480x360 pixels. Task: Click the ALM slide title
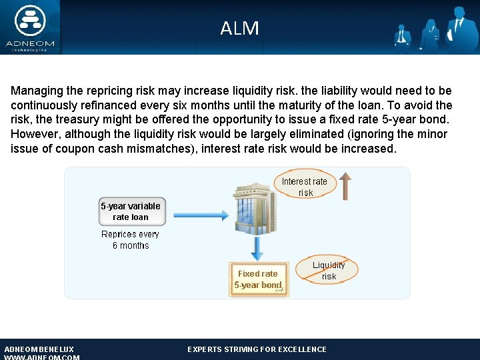coord(239,29)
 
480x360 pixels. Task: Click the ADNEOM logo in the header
coord(30,27)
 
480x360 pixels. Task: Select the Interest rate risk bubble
coord(305,187)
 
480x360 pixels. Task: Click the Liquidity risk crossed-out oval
coord(329,270)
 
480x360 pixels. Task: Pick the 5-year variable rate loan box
coord(130,211)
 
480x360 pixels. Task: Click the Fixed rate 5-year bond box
coord(258,279)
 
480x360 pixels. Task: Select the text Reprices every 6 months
coord(130,240)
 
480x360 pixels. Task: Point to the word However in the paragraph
coord(34,135)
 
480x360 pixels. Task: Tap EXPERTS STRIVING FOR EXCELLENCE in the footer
coord(257,349)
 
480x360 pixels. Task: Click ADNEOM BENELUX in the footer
coord(39,349)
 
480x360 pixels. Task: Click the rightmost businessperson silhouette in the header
coord(459,30)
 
